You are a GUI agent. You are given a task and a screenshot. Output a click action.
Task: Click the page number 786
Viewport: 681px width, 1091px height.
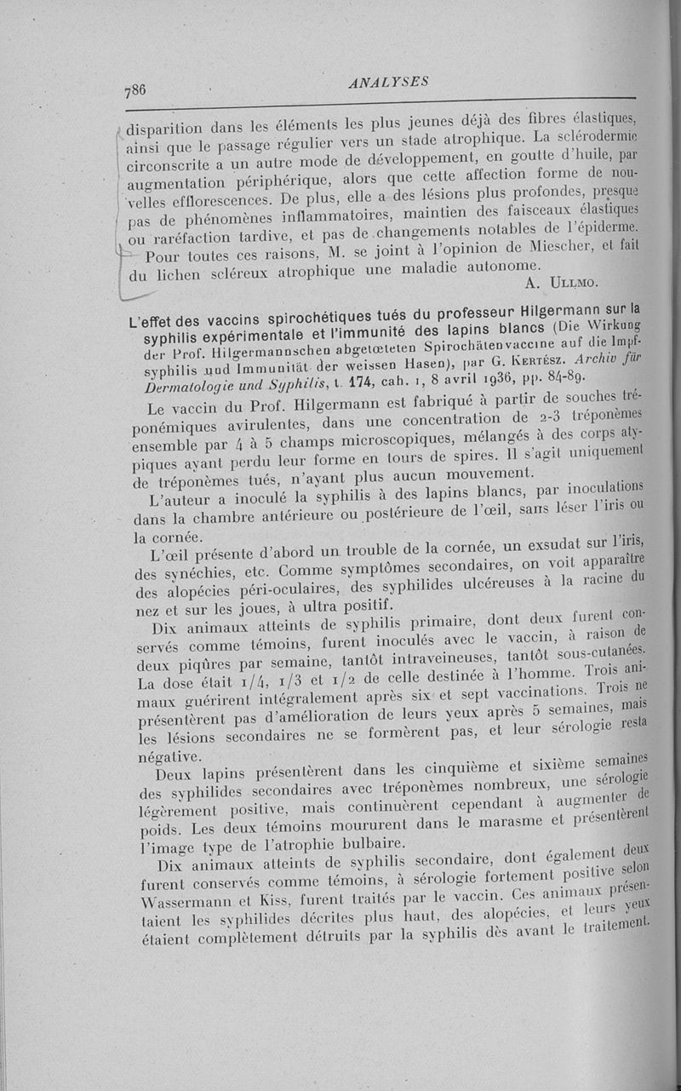pos(135,89)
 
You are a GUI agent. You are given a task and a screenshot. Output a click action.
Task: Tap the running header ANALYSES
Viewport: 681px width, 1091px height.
pos(387,82)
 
